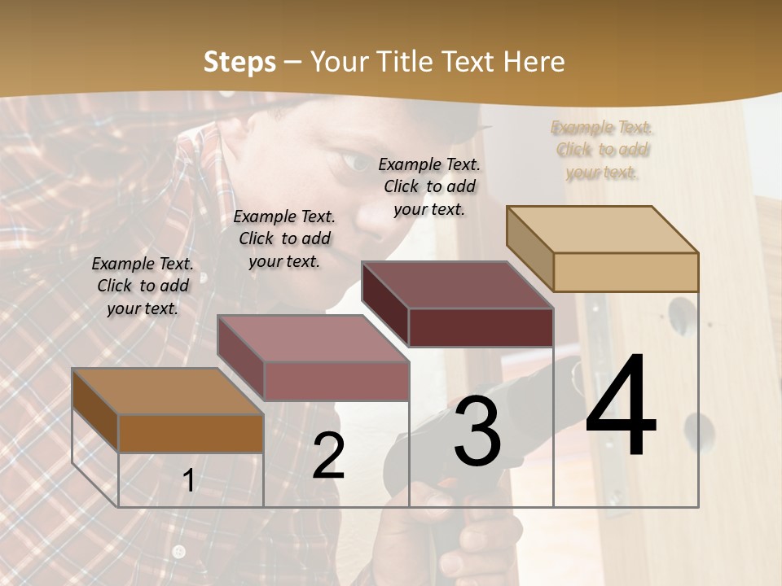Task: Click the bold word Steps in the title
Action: click(239, 62)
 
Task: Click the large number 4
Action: click(621, 407)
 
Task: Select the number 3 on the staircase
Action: click(477, 432)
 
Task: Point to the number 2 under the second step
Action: click(329, 456)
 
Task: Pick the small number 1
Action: click(189, 480)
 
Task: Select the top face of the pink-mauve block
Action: click(313, 338)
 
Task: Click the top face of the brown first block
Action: click(168, 391)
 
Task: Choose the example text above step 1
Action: click(143, 286)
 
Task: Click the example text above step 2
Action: click(284, 238)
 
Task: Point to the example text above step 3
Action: click(429, 186)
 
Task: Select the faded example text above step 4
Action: click(602, 150)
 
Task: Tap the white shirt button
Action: click(179, 553)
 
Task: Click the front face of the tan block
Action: click(626, 272)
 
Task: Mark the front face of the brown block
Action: click(191, 434)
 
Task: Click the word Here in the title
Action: click(534, 62)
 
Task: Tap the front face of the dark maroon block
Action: click(481, 327)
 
